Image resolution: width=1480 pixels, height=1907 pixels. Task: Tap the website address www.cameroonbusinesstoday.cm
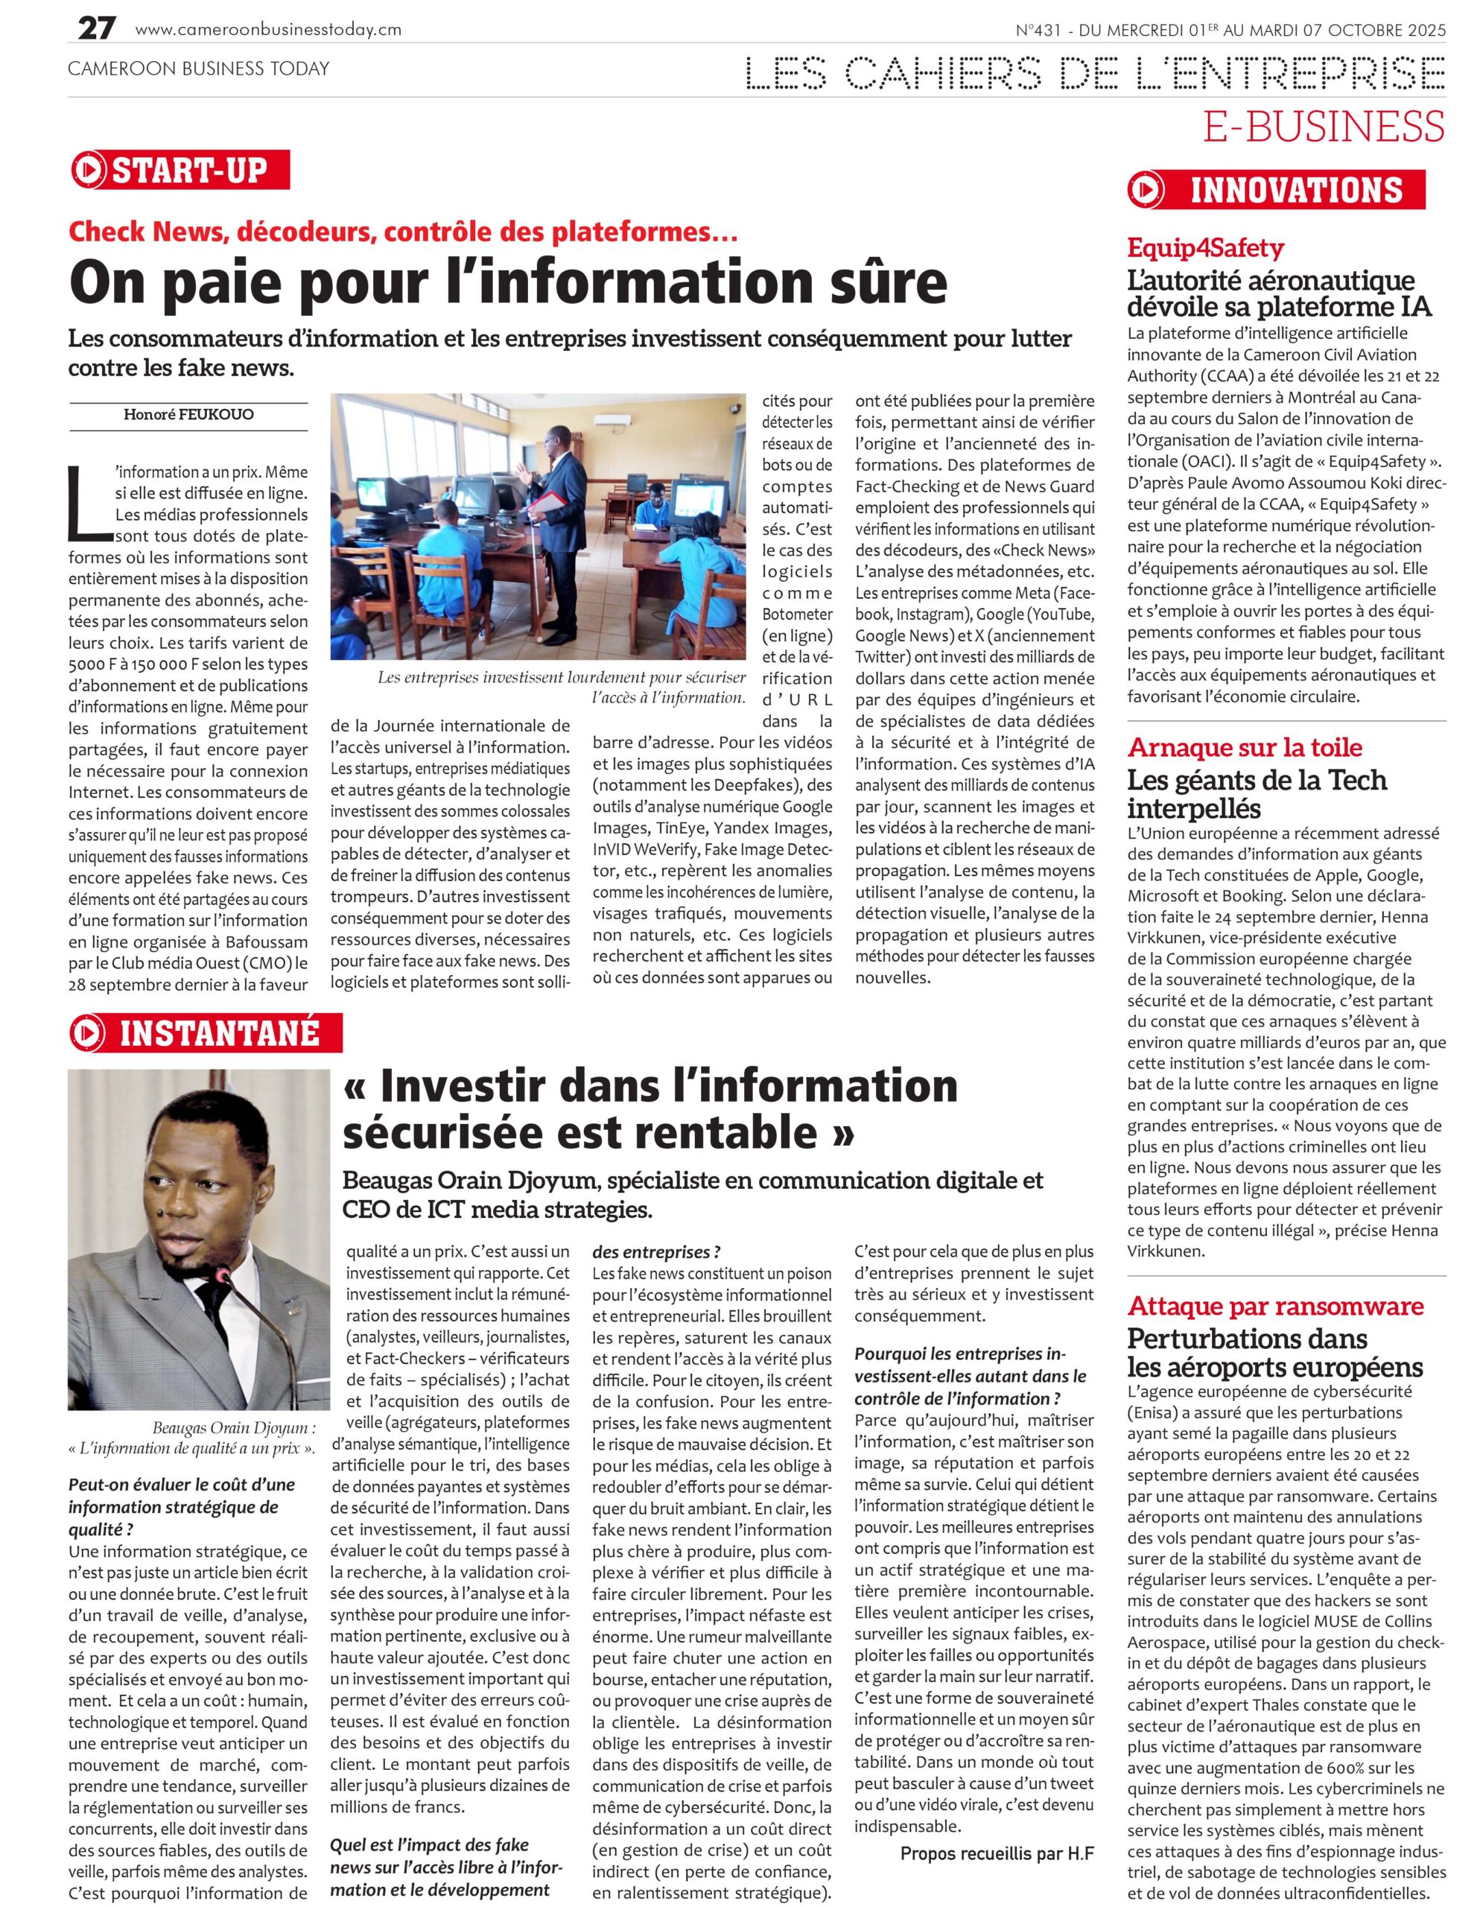coord(268,30)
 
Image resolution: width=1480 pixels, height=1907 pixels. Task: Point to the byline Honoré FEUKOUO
coord(188,415)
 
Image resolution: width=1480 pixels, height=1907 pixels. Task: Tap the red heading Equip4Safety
coord(1205,248)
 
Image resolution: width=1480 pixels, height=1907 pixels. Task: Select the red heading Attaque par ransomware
coord(1275,1307)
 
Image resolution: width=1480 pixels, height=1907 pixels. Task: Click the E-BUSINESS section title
coord(1324,127)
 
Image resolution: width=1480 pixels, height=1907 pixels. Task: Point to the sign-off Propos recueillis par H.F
coord(997,1853)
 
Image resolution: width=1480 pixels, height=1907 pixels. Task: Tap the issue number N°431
coord(1038,30)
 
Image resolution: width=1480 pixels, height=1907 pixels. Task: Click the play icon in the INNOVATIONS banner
coord(1146,189)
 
